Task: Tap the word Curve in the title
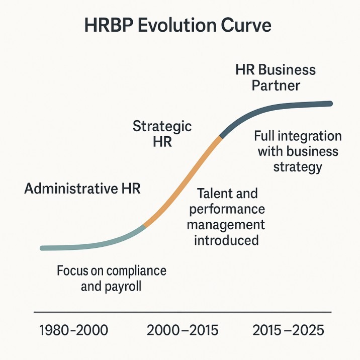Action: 249,26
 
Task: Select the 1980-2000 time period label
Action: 73,331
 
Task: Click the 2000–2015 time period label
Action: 183,331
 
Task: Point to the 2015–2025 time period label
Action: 289,331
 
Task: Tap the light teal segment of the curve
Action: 91,245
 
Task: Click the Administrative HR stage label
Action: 82,189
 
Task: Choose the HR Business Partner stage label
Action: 276,77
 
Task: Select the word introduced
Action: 226,240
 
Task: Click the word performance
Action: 226,209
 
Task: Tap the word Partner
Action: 276,85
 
